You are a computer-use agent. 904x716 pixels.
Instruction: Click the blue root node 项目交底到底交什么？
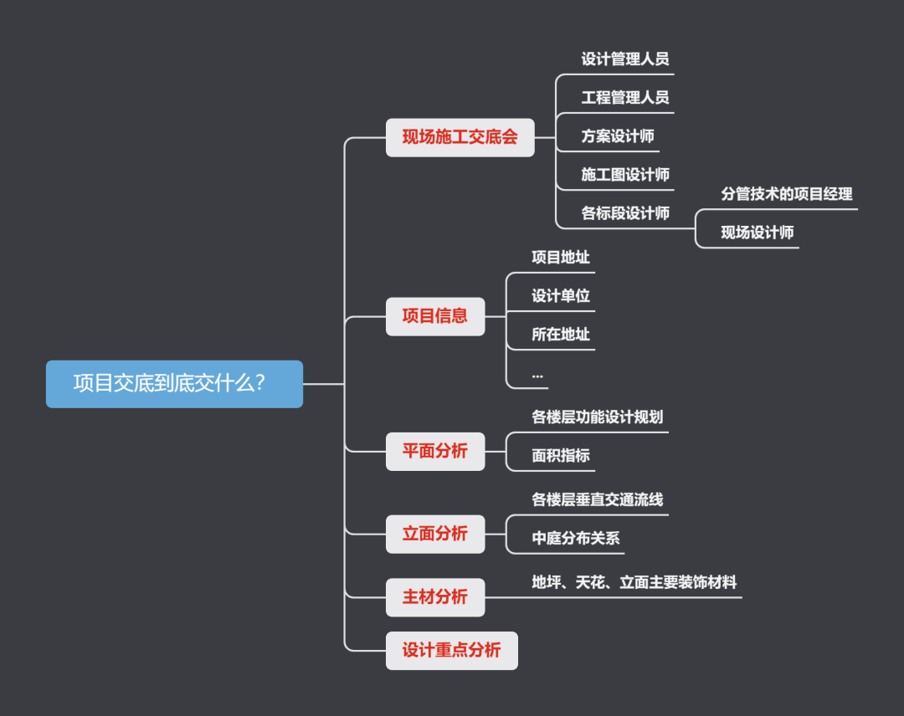click(x=174, y=384)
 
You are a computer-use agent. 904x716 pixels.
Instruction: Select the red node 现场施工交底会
click(x=460, y=137)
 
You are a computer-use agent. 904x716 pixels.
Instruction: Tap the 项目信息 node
click(x=435, y=316)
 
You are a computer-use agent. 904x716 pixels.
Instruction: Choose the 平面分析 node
click(x=435, y=452)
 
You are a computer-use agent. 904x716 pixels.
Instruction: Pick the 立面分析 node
click(x=435, y=534)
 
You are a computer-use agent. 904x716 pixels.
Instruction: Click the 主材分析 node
click(x=435, y=597)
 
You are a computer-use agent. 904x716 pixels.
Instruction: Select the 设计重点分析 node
click(x=452, y=651)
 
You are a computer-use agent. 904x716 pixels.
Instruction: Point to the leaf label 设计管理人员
click(x=625, y=59)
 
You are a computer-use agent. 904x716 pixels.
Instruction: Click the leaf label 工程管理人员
click(x=625, y=98)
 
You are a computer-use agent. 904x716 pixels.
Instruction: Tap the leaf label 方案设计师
click(x=618, y=136)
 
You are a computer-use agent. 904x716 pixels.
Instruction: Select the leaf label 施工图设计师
click(x=625, y=175)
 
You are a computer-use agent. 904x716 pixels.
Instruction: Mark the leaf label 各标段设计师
click(x=625, y=213)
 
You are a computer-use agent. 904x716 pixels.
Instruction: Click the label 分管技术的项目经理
click(x=787, y=194)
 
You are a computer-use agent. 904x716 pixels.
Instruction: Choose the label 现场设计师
click(x=758, y=233)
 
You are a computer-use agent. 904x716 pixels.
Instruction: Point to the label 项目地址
click(x=561, y=258)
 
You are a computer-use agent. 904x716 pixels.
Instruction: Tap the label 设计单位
click(x=561, y=296)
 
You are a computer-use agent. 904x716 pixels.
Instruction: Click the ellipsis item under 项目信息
click(x=537, y=376)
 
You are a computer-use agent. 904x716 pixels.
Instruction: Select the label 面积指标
click(x=561, y=456)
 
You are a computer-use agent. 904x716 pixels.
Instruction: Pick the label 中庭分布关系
click(x=576, y=539)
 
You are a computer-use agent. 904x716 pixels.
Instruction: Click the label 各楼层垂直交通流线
click(x=598, y=500)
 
